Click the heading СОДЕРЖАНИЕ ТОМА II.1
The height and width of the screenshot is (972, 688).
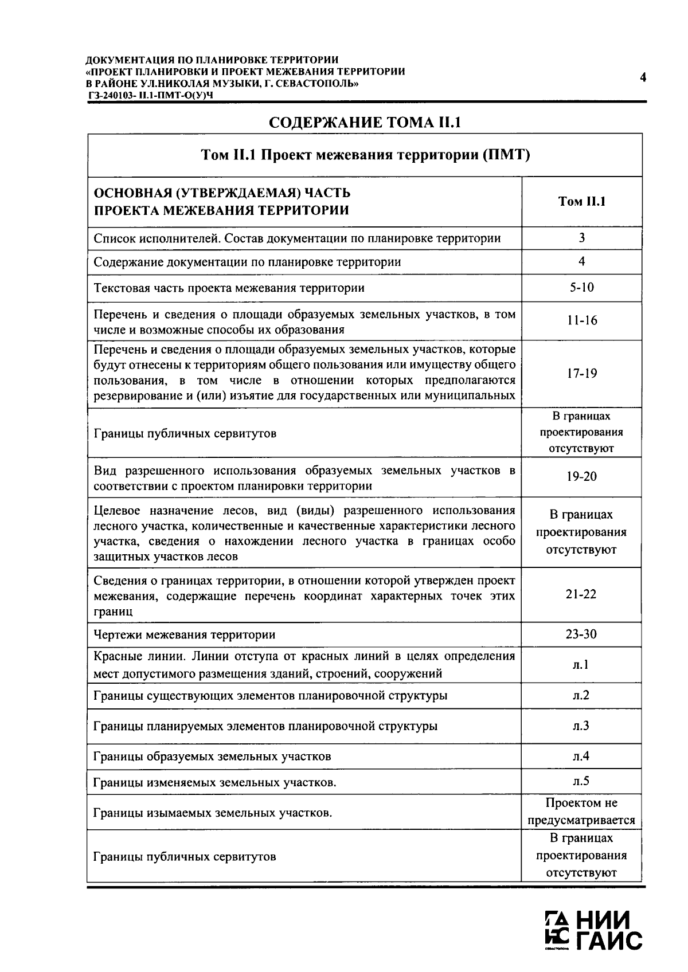[x=365, y=123]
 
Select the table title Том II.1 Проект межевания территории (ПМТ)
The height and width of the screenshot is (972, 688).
[x=365, y=155]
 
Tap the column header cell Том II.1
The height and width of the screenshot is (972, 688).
[x=581, y=201]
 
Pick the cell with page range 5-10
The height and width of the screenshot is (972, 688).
[x=581, y=287]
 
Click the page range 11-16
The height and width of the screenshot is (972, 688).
[x=581, y=320]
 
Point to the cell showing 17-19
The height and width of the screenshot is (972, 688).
[x=581, y=373]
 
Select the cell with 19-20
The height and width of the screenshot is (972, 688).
[x=581, y=476]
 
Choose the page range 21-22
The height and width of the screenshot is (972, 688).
[x=581, y=594]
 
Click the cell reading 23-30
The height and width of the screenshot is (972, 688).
[x=581, y=634]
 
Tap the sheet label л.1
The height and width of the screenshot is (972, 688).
[x=581, y=664]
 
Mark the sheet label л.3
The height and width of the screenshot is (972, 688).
[x=581, y=726]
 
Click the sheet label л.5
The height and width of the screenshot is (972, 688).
[x=581, y=781]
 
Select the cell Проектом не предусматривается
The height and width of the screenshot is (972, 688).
[x=581, y=812]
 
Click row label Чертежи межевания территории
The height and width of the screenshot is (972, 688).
[x=184, y=634]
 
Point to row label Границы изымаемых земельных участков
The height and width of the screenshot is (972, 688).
[x=213, y=812]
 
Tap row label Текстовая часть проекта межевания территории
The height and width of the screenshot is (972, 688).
[x=229, y=288]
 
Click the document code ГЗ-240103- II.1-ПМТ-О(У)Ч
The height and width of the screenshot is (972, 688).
[x=151, y=95]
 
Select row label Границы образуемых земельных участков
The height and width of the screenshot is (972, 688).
[x=212, y=757]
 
